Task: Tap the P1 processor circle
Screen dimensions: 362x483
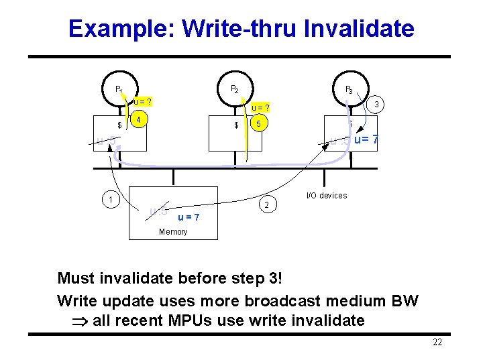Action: [119, 89]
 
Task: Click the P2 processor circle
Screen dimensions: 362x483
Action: [234, 89]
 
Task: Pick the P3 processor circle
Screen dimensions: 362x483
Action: [349, 89]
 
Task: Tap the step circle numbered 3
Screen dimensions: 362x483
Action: [378, 105]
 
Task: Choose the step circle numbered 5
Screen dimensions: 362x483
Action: [258, 125]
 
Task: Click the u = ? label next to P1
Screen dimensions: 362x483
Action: [142, 102]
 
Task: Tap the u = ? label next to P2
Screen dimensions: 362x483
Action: [260, 107]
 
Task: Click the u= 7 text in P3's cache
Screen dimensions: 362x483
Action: [366, 139]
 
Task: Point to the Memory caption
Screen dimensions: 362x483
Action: [173, 232]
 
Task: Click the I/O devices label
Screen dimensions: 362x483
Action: [327, 196]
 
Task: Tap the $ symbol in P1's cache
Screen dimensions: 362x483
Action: [119, 125]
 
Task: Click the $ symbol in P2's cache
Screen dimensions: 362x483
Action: [236, 125]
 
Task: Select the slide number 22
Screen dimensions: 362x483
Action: [437, 343]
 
